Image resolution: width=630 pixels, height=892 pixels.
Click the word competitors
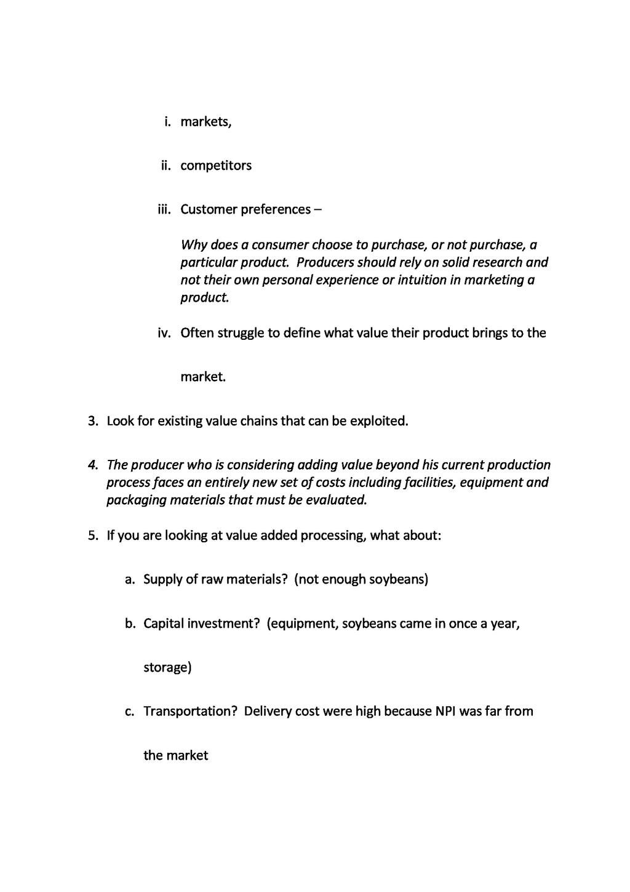point(216,166)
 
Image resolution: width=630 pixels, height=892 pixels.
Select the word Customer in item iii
point(208,210)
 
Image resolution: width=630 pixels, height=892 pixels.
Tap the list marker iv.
point(164,334)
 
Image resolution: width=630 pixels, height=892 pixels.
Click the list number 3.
point(93,422)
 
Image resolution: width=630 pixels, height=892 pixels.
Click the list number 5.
point(93,536)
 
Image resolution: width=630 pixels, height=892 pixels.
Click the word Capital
point(163,624)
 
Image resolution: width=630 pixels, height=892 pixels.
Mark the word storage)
point(167,668)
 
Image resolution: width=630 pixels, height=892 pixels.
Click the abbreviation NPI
point(445,712)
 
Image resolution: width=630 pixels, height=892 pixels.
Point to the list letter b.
point(130,624)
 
